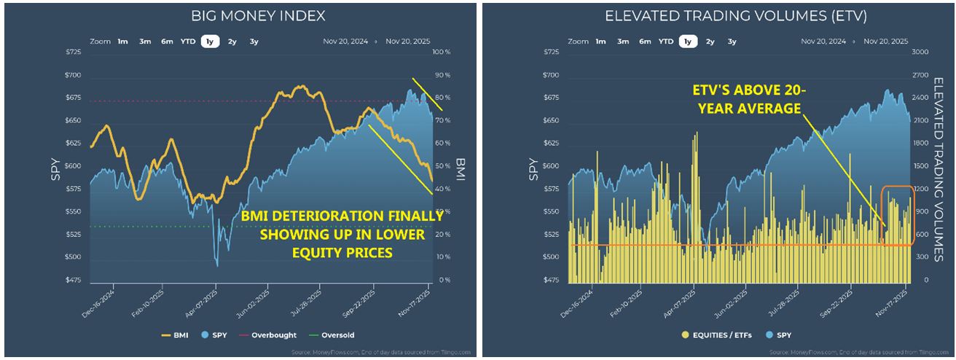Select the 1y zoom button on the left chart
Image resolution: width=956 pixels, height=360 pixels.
click(210, 42)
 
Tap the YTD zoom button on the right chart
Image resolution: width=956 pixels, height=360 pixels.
click(666, 42)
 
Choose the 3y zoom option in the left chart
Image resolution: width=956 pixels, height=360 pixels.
click(254, 42)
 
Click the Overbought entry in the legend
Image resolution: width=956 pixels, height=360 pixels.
click(273, 335)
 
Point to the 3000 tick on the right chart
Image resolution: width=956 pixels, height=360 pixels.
click(919, 52)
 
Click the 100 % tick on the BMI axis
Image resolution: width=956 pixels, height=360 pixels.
click(442, 52)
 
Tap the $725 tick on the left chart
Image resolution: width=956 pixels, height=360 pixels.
click(73, 52)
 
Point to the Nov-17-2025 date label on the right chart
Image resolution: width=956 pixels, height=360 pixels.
click(895, 302)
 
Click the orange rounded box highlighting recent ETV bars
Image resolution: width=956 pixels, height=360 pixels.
click(896, 216)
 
